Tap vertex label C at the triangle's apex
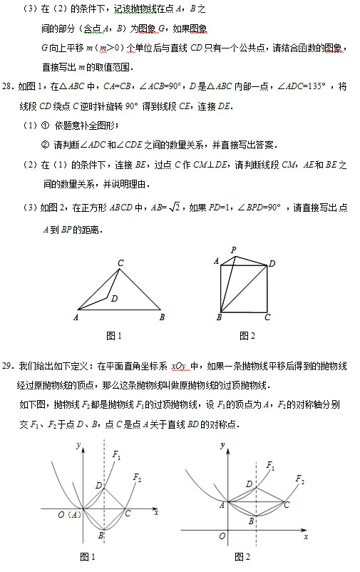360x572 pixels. pos(121,263)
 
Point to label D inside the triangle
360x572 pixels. pos(115,299)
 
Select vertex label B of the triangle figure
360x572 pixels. pos(163,317)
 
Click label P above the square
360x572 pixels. pos(233,250)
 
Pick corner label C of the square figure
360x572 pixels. pos(267,317)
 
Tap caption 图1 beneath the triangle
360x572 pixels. pos(115,335)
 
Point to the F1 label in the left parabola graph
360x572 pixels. pos(116,455)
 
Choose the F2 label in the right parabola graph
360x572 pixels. pos(299,480)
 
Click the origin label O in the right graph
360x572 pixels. pos(222,536)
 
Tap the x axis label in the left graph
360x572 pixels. pos(155,513)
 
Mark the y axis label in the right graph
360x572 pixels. pos(222,445)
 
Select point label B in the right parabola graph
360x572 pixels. pos(251,521)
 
